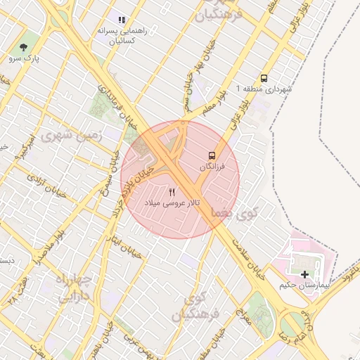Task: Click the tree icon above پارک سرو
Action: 25,47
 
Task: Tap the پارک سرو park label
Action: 25,58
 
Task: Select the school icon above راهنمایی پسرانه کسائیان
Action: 121,21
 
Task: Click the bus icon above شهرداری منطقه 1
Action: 264,79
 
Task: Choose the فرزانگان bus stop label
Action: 212,167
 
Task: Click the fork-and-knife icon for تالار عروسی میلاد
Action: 173,191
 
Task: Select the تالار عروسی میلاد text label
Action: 173,202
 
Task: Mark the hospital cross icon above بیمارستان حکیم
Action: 304,274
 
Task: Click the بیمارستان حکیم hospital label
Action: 295,285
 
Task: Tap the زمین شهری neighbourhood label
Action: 72,135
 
